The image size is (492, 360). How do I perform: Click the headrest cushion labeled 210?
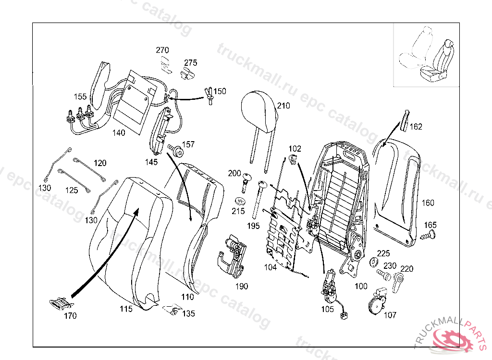pyautogui.click(x=259, y=112)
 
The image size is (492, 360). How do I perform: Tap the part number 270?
pyautogui.click(x=162, y=50)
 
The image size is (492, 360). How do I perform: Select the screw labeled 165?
pyautogui.click(x=428, y=235)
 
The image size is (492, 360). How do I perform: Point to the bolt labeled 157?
pyautogui.click(x=176, y=151)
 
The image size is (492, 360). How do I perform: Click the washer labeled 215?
pyautogui.click(x=240, y=200)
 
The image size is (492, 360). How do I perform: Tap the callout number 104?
pyautogui.click(x=270, y=267)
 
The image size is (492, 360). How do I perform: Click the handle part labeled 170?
pyautogui.click(x=61, y=303)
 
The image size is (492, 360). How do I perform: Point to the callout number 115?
pyautogui.click(x=126, y=309)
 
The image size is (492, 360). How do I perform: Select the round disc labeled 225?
pyautogui.click(x=373, y=262)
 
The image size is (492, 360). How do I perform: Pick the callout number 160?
pyautogui.click(x=428, y=203)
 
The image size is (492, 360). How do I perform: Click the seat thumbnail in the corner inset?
pyautogui.click(x=426, y=55)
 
